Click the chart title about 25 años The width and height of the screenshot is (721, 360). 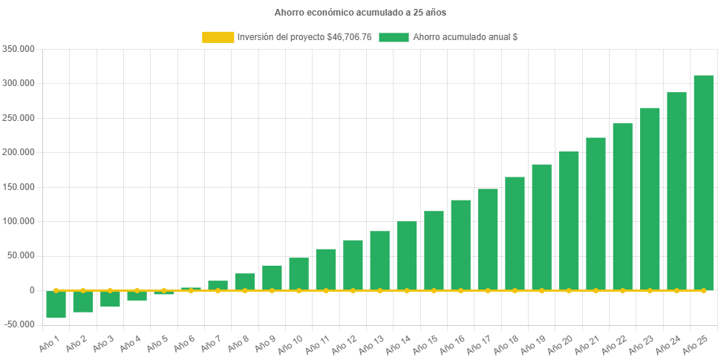tap(360, 13)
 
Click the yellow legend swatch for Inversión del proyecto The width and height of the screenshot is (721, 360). tap(218, 37)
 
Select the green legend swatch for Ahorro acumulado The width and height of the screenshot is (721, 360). tap(394, 37)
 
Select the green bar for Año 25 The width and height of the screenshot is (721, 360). tap(703, 183)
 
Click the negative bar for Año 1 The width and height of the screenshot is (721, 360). tap(56, 304)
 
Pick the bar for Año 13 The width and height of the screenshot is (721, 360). tap(379, 261)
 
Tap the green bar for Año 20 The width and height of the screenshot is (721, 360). tap(569, 220)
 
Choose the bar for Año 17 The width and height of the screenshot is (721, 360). tap(488, 239)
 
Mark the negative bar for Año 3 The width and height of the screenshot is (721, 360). tap(110, 298)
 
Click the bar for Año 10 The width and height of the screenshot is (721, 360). tap(298, 274)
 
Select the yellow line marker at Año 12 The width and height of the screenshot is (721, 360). tap(353, 291)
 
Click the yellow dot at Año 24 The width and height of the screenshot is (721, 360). tap(676, 291)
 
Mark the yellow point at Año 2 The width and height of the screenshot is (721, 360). tap(82, 291)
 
